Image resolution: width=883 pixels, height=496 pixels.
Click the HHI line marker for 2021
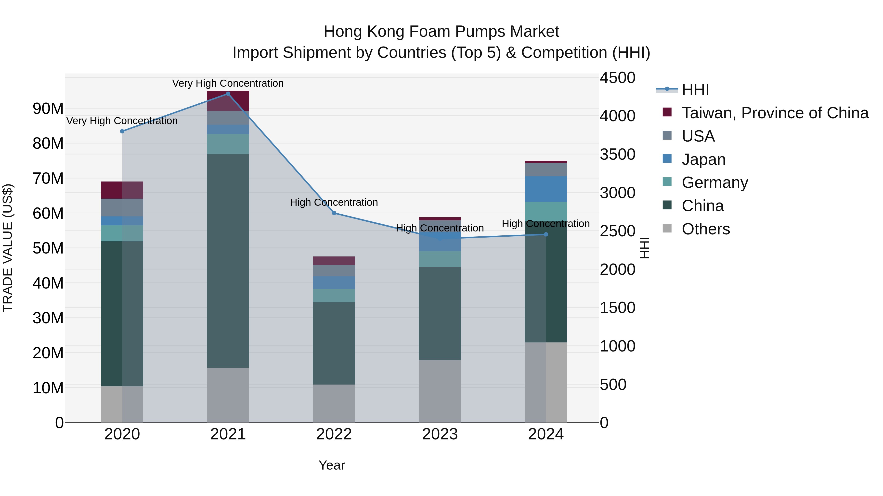228,94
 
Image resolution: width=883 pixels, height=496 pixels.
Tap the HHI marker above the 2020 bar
122,131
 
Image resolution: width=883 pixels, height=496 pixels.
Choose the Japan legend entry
703,159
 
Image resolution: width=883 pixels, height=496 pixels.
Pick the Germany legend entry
715,182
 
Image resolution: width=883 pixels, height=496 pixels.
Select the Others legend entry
705,229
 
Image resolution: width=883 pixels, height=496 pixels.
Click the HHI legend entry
695,90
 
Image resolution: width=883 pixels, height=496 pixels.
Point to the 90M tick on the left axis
48,109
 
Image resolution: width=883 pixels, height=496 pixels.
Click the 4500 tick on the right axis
617,78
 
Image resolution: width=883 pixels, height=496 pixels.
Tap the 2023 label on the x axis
440,434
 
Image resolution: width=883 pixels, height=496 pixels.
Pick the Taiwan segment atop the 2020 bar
122,190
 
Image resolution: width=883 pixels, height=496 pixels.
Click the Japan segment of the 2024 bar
546,189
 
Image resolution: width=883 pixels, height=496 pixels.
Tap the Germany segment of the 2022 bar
334,295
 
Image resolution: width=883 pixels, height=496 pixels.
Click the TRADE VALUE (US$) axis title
8,248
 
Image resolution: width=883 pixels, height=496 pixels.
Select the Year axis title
331,465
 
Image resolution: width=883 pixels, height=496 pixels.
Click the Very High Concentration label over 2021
228,83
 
